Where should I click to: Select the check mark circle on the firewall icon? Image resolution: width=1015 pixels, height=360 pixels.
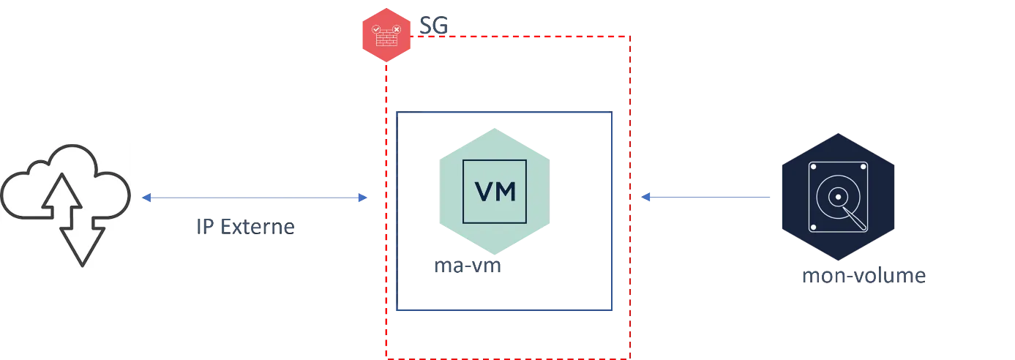(376, 29)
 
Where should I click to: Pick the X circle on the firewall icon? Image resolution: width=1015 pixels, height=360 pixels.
(396, 29)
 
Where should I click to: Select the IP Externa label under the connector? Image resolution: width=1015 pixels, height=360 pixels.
(245, 228)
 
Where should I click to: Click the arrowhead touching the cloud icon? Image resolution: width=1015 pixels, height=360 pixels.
(145, 198)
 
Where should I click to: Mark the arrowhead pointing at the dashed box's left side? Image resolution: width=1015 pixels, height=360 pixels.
(363, 198)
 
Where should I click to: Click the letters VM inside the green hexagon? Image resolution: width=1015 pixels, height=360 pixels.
(495, 191)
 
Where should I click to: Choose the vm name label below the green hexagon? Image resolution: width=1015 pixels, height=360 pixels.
(467, 269)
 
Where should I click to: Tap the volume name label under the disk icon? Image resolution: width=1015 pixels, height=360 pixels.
(866, 278)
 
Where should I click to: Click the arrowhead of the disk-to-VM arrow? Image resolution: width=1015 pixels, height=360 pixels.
(646, 196)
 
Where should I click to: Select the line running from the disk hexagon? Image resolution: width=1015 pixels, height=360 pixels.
(710, 196)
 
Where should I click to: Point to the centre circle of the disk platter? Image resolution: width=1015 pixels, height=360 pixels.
(837, 197)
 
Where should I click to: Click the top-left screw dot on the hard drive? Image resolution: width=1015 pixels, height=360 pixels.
(813, 167)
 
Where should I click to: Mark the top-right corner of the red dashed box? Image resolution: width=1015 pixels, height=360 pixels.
(630, 37)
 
